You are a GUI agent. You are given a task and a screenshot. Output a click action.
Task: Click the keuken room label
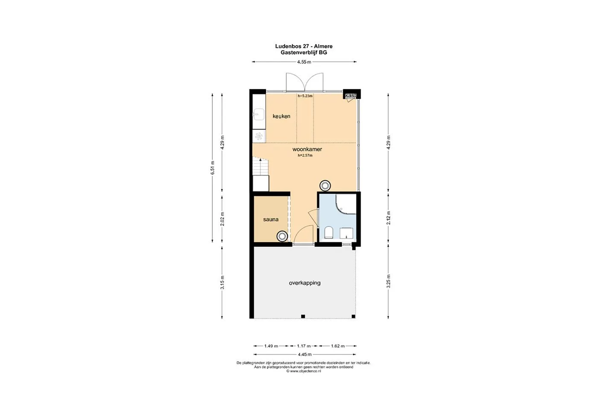point(281,116)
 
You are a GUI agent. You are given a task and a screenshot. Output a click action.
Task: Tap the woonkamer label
point(307,149)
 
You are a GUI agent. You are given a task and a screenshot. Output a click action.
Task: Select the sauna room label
point(271,220)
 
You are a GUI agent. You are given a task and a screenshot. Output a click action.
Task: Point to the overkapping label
point(305,283)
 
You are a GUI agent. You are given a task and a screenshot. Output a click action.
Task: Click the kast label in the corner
point(351,95)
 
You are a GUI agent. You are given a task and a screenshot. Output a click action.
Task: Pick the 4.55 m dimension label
point(304,62)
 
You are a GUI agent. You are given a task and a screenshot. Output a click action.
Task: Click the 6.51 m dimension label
point(213,167)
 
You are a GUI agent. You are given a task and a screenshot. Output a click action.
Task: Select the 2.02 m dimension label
point(223,219)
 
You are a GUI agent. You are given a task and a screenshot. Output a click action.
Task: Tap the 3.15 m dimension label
point(223,282)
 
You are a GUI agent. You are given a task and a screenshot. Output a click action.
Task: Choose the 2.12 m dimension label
point(389,218)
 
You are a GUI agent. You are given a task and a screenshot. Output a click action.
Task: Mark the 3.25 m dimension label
point(389,281)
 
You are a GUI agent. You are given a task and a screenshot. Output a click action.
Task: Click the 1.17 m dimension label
point(304,346)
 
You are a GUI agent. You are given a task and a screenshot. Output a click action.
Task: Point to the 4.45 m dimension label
point(305,354)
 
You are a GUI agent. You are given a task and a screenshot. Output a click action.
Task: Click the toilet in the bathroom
point(329,233)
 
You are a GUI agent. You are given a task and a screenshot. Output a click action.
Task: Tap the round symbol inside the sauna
point(282,236)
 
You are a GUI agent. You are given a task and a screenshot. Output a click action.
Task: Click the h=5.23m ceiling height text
point(305,96)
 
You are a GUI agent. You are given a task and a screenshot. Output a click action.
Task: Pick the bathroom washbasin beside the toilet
point(346,233)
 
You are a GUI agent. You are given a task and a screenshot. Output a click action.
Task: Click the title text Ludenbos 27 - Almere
point(304,47)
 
